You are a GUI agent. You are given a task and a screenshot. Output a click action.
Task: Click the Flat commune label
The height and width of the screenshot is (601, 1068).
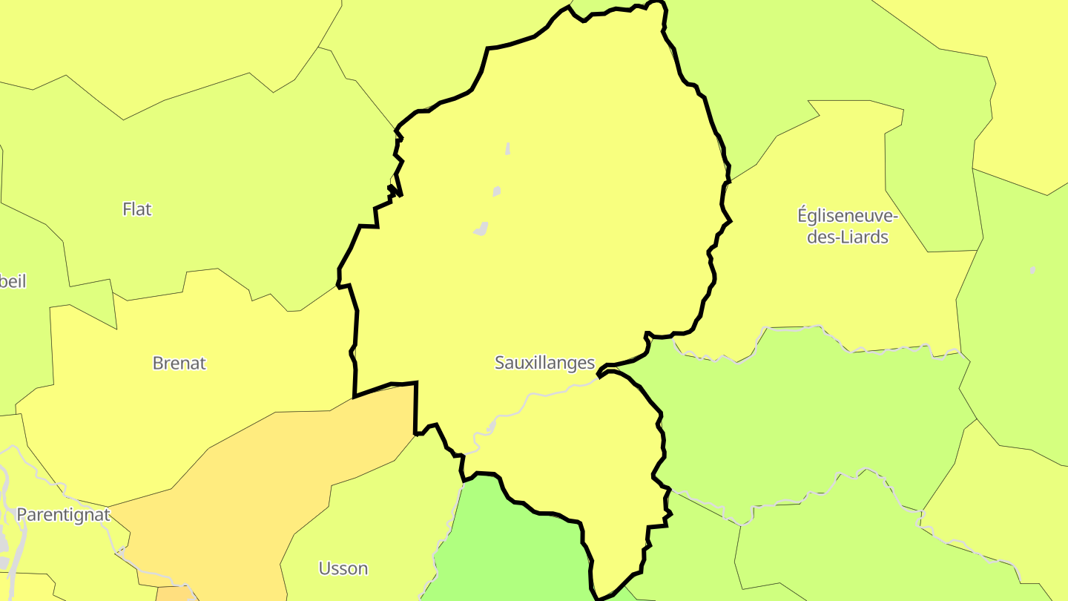[137, 209]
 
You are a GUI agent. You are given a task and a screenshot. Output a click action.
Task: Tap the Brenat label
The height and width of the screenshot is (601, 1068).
[179, 364]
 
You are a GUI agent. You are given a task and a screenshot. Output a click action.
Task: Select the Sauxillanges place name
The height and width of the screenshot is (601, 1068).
[544, 363]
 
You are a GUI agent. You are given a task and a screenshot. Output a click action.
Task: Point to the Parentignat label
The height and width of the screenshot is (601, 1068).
[63, 515]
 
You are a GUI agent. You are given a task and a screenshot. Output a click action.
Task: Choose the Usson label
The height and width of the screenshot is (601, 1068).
[343, 568]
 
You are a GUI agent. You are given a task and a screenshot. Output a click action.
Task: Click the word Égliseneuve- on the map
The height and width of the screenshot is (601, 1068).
[848, 216]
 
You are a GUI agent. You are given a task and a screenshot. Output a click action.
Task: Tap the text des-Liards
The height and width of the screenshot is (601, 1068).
[848, 237]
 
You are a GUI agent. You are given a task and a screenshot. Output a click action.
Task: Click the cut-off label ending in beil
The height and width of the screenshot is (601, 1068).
[13, 281]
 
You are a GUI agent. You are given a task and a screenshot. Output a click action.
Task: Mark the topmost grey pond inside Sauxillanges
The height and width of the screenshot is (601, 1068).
[508, 148]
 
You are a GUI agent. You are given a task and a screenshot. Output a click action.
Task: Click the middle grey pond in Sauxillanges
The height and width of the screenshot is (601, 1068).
[496, 191]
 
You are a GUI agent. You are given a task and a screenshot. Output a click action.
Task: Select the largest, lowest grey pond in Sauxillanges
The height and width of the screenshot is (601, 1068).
[481, 229]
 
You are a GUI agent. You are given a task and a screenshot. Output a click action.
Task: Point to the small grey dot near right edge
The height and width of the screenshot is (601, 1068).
[1032, 270]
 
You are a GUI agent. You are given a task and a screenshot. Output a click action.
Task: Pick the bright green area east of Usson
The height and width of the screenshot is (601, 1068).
[512, 549]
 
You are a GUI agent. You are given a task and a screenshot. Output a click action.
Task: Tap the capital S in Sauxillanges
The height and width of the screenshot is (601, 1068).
[500, 363]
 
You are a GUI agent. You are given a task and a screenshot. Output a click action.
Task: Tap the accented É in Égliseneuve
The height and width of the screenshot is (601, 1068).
[802, 215]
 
